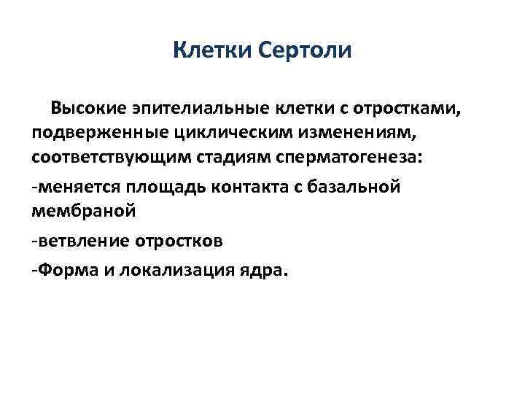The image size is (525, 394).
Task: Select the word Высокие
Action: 90,109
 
